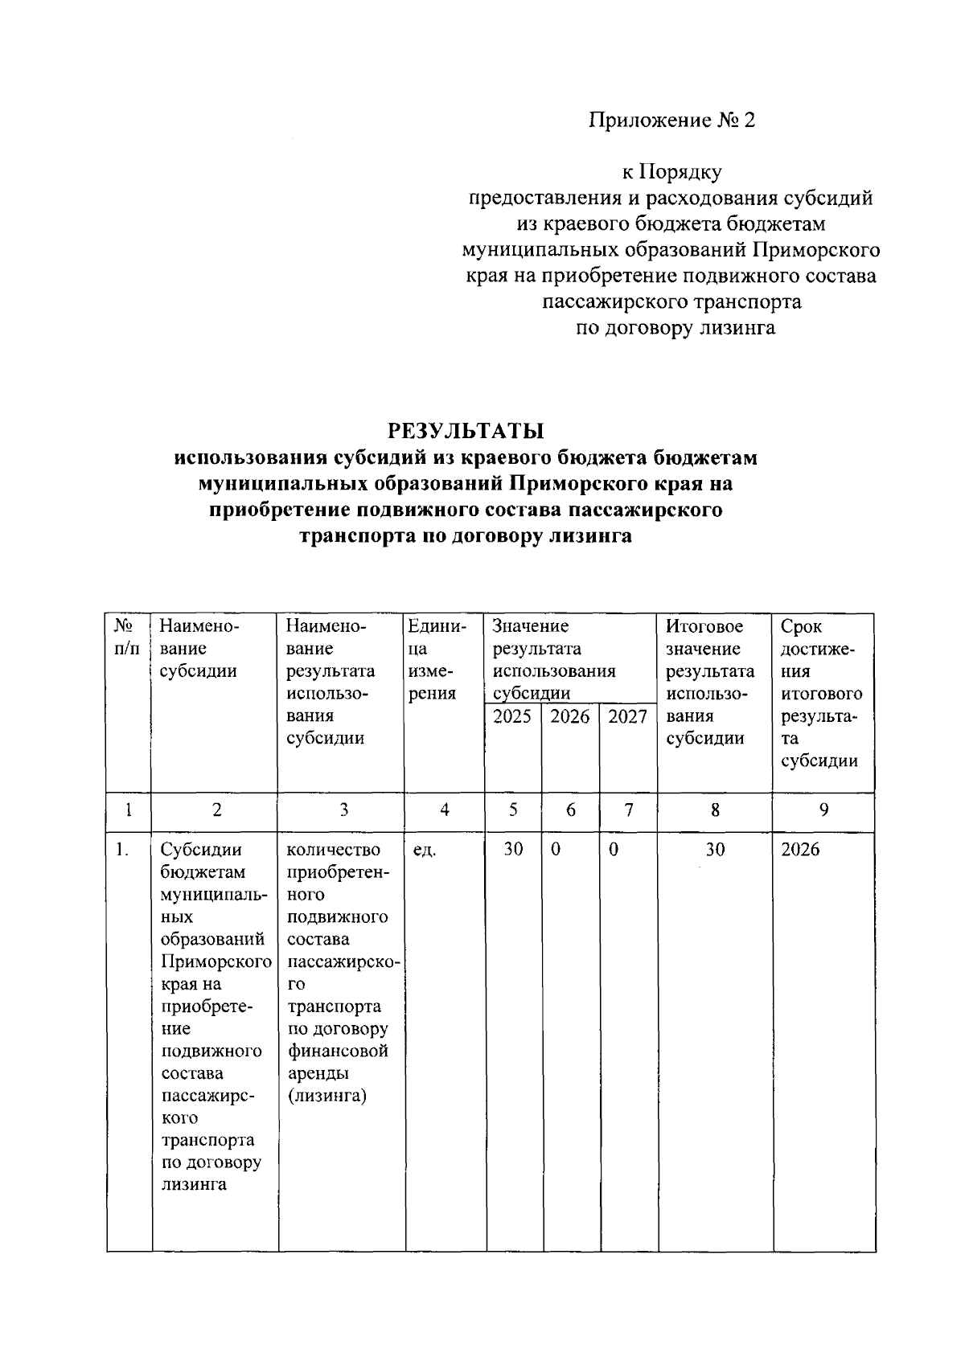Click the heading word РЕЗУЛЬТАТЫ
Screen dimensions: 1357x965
coord(466,431)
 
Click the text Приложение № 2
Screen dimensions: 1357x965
coord(672,121)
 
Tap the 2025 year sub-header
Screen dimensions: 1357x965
coord(512,717)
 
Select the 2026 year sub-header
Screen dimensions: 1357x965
coord(570,717)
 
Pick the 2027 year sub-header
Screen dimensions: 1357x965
coord(628,717)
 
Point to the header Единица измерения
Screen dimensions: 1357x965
coord(437,660)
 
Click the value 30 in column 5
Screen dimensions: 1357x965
coord(513,850)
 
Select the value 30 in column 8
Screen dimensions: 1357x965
coord(715,850)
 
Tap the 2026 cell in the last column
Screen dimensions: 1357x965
coord(800,850)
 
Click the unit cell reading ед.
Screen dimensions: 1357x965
coord(424,851)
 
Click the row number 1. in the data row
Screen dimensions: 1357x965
coord(121,850)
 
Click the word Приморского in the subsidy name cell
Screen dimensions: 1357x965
coord(216,962)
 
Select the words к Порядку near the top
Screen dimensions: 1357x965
coord(672,172)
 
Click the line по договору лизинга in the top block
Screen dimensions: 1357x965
coord(675,328)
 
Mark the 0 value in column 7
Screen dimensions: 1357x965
coord(614,850)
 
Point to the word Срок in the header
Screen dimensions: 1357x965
coord(801,626)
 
